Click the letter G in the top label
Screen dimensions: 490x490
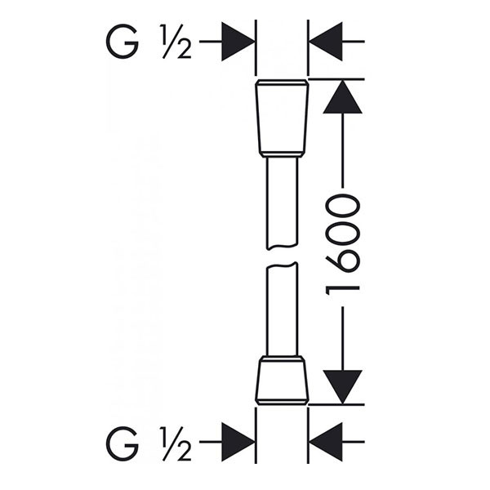click(x=122, y=42)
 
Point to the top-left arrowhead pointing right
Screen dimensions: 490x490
click(x=238, y=42)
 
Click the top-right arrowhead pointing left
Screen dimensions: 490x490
click(x=326, y=42)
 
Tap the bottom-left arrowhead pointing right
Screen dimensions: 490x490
click(x=238, y=443)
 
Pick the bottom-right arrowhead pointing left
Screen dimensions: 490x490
click(x=326, y=443)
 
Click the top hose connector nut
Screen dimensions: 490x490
click(x=283, y=118)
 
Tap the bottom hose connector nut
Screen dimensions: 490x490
click(x=283, y=379)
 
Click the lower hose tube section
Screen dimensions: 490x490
click(x=283, y=310)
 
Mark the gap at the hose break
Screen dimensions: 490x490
click(x=283, y=256)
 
